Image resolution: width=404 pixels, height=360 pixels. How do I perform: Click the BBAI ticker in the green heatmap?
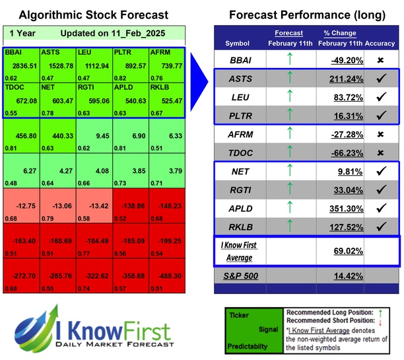coord(13,52)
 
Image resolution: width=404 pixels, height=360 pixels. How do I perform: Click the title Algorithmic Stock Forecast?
coord(93,15)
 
